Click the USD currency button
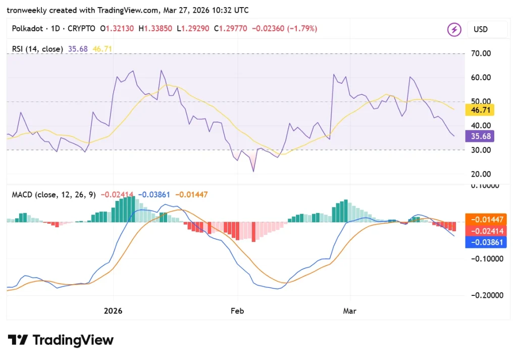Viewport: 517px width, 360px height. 480,29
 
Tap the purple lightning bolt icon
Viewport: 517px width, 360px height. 454,29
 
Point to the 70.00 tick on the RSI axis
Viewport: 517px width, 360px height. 480,54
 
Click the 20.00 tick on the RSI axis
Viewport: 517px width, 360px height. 480,174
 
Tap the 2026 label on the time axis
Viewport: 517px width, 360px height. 114,311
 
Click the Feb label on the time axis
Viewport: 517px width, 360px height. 237,311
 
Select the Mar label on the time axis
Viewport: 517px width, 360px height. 349,311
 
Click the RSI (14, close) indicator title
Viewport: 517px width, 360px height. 37,49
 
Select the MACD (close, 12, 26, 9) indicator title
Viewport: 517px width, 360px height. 54,194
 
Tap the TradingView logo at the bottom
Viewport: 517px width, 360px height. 61,340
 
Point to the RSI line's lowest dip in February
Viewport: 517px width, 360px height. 253,171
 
